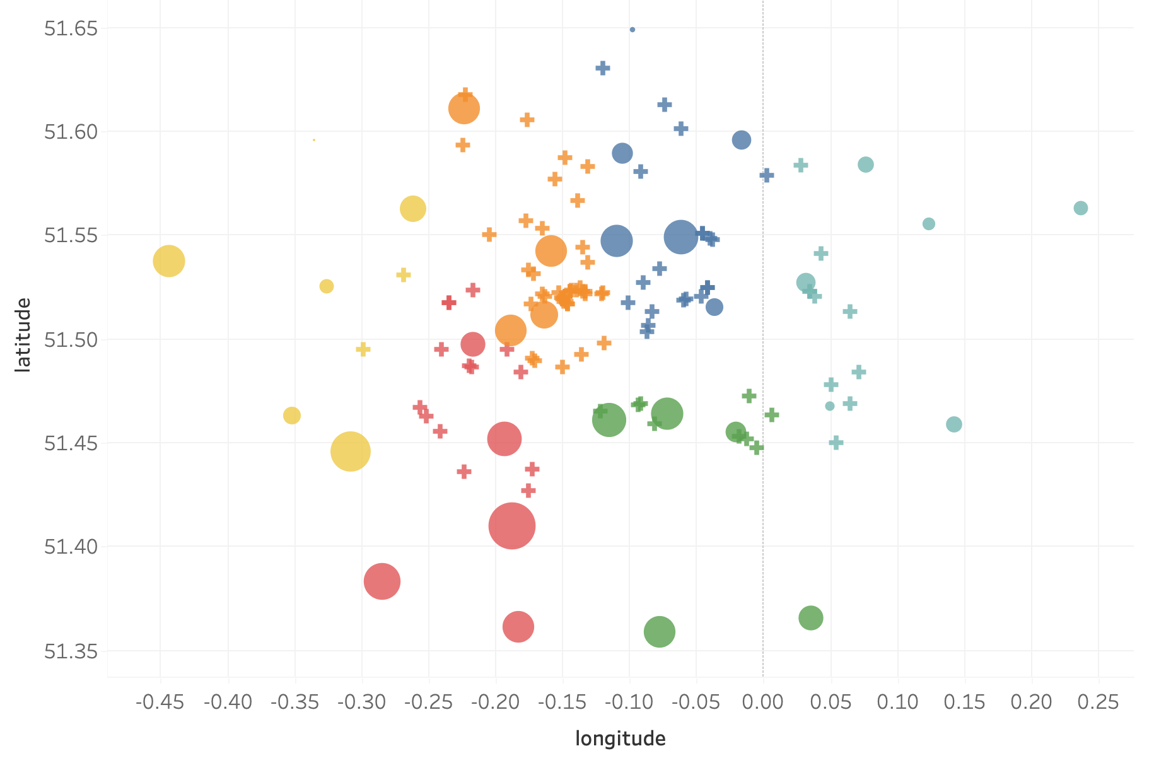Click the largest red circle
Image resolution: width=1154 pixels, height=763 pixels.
coord(511,526)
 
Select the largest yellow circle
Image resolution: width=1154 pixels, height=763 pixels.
coord(350,451)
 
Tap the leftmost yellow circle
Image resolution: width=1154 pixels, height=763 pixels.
coord(168,261)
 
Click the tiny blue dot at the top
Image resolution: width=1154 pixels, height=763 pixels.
coord(632,30)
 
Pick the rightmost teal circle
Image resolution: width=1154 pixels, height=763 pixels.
coord(1080,208)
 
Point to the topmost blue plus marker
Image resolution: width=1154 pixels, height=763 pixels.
coord(603,68)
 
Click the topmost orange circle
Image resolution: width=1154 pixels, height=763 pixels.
coord(464,109)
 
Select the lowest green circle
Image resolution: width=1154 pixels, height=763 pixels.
coord(660,631)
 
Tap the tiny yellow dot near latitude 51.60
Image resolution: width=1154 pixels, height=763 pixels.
coord(314,140)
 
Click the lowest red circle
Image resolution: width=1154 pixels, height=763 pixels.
coord(518,627)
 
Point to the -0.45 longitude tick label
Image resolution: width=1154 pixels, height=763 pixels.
coord(160,702)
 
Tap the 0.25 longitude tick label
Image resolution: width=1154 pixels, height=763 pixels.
coord(1099,702)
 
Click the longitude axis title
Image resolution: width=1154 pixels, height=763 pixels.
coord(620,738)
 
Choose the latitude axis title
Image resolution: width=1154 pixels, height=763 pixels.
coord(23,335)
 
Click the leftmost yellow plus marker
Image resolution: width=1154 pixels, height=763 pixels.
coord(363,349)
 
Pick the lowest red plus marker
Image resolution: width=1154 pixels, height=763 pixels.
coord(528,491)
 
